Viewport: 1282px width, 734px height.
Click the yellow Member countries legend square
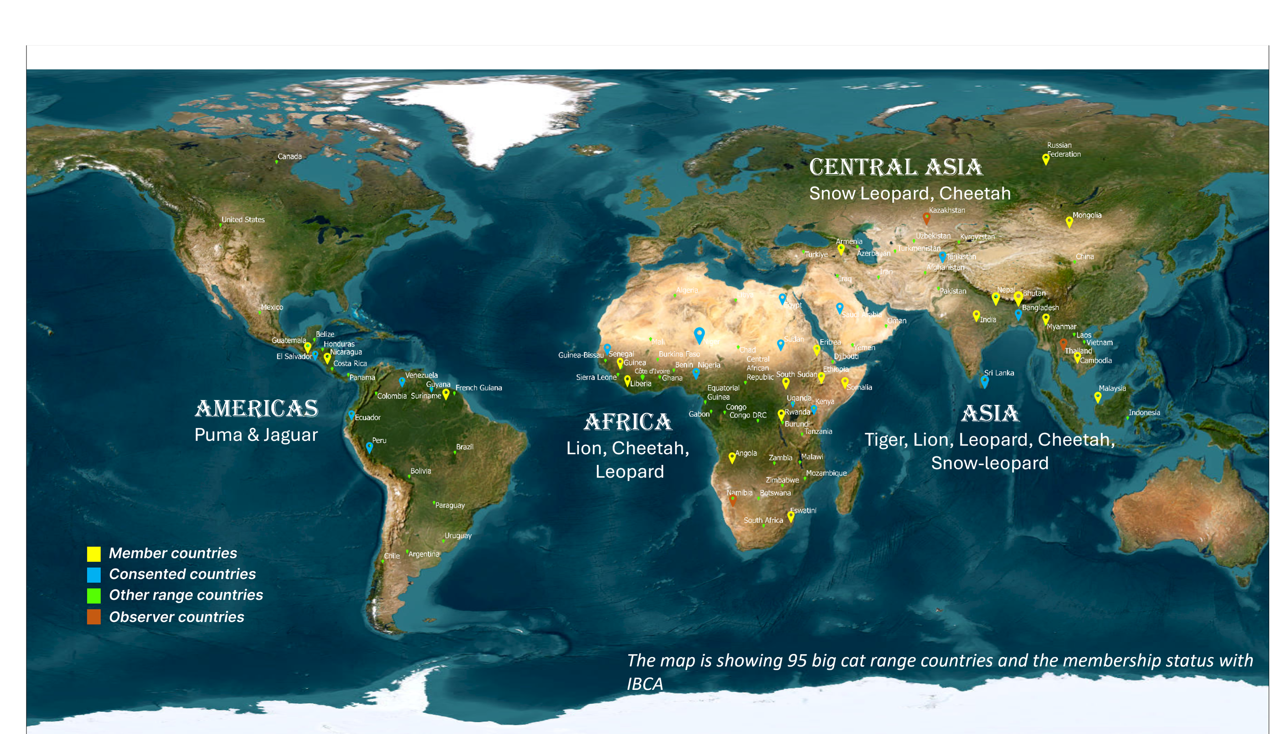(94, 553)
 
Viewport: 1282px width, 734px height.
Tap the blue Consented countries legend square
(94, 575)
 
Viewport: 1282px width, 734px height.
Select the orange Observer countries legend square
(94, 617)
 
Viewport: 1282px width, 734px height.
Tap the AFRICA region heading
(628, 422)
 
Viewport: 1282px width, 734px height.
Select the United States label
(243, 219)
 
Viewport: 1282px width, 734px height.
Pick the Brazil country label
(464, 447)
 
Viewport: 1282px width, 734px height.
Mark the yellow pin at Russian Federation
(1046, 159)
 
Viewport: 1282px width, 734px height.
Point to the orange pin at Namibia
(733, 500)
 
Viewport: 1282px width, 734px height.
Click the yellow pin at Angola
(732, 457)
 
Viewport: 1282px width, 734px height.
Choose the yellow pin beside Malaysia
(1098, 397)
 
